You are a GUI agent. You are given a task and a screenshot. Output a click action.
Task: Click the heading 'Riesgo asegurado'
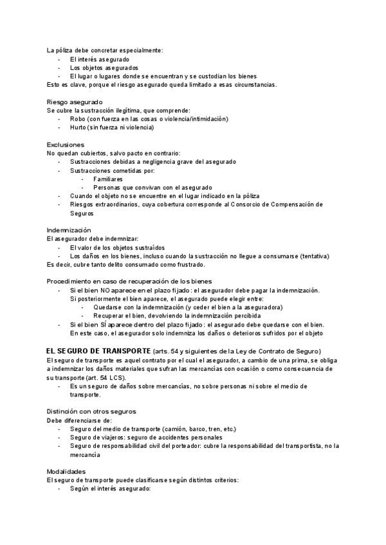click(75, 102)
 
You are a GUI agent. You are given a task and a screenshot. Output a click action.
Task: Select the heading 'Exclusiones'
click(66, 145)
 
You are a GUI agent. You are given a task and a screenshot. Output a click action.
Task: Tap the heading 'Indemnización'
click(69, 230)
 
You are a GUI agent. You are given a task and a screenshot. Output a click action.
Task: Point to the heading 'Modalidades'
click(66, 471)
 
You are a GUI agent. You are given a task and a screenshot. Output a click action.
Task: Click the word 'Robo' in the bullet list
click(78, 119)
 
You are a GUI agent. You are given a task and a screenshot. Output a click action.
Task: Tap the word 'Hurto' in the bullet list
click(78, 127)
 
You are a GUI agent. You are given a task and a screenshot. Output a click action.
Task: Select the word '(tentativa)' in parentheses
click(313, 256)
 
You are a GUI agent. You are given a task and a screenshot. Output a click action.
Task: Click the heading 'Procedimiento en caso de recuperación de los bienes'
click(129, 281)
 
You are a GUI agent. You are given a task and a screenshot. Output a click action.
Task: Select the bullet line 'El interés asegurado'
click(99, 59)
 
